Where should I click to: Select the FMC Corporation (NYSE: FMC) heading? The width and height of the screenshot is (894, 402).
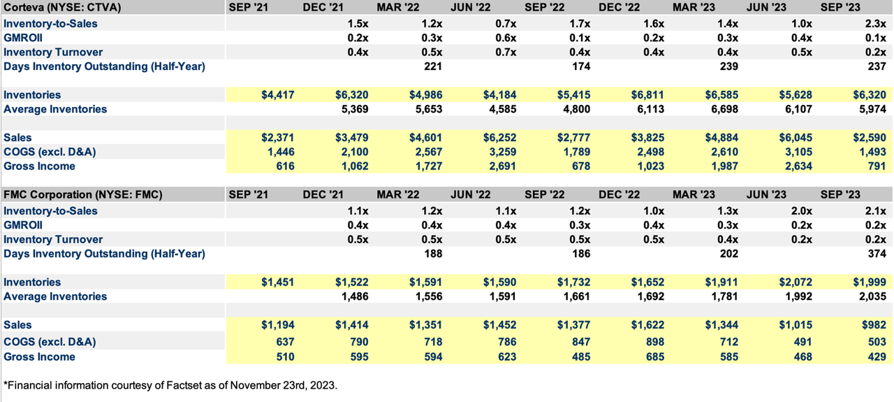pyautogui.click(x=83, y=194)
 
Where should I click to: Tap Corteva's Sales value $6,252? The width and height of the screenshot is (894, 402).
pyautogui.click(x=499, y=138)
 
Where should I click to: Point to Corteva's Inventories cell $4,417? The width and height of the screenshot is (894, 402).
pyautogui.click(x=277, y=95)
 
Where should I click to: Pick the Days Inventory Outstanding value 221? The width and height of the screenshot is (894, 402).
pyautogui.click(x=433, y=66)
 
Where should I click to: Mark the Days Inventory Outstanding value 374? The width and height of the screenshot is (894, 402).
pyautogui.click(x=877, y=254)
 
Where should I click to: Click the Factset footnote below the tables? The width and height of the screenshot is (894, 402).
pyautogui.click(x=170, y=385)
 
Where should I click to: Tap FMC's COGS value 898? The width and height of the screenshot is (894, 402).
pyautogui.click(x=654, y=342)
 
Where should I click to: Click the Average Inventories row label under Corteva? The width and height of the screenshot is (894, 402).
pyautogui.click(x=55, y=109)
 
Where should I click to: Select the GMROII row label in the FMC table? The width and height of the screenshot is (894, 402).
pyautogui.click(x=23, y=225)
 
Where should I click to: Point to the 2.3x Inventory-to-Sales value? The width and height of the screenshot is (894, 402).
pyautogui.click(x=876, y=24)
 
